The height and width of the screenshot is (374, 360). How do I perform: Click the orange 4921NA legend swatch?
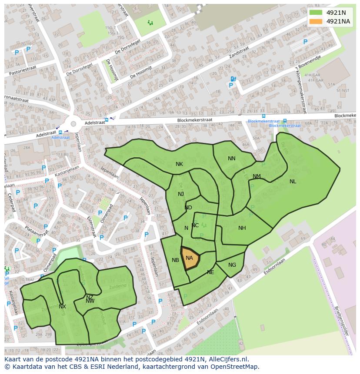coord(316,21)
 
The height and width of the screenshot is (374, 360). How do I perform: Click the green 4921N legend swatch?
coord(316,13)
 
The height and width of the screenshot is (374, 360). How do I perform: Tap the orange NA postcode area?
coord(190,259)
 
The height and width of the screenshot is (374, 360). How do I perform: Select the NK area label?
coord(179,164)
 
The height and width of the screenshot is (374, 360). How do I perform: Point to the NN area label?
coord(232,159)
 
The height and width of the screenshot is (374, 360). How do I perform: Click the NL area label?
coord(293,182)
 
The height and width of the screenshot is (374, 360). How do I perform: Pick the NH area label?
coord(242,228)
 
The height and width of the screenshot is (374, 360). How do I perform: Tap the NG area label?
coord(232,265)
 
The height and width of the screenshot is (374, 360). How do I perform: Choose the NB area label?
coord(175,260)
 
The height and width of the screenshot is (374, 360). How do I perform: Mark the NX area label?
coord(62,307)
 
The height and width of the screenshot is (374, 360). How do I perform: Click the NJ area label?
coord(181,194)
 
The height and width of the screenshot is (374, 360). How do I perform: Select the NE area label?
coord(210,272)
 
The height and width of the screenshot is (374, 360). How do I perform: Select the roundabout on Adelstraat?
coord(73,124)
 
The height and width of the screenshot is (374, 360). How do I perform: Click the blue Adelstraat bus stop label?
coord(60,137)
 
